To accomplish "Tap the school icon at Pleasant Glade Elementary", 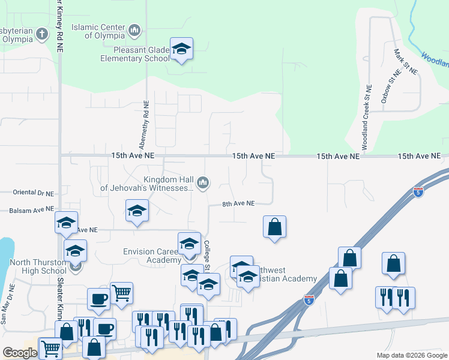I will (x=181, y=49).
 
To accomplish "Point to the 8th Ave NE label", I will (x=239, y=204).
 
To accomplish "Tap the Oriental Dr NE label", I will (x=33, y=193).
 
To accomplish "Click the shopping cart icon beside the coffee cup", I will (x=121, y=293).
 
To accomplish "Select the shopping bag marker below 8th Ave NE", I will (x=274, y=227).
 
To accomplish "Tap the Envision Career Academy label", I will (x=151, y=256).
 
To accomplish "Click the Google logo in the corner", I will (x=19, y=353).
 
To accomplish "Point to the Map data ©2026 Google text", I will (x=411, y=355).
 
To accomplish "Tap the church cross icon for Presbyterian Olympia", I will (x=42, y=33).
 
